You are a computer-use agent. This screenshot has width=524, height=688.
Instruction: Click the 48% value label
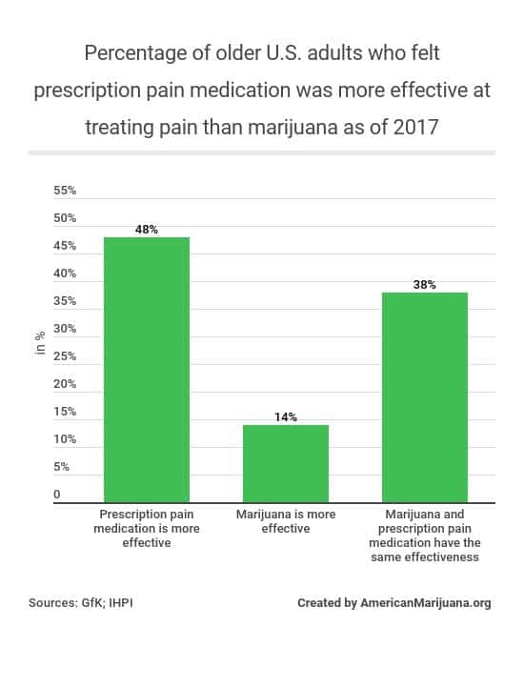(x=146, y=230)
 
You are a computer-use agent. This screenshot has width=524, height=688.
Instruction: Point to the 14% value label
(x=286, y=417)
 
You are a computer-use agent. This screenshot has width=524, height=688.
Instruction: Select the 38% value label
(x=425, y=285)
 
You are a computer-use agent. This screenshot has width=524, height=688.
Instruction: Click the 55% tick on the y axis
(x=65, y=191)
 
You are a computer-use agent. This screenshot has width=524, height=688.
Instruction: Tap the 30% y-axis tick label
(x=65, y=329)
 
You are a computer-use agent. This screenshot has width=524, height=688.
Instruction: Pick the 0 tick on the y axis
(x=57, y=495)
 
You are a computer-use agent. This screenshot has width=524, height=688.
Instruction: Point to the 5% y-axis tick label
(x=61, y=467)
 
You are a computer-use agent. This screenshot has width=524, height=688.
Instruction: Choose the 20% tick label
(x=65, y=384)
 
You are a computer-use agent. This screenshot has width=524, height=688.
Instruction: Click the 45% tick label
(x=65, y=246)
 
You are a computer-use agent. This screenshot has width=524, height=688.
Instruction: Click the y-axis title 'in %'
(x=40, y=341)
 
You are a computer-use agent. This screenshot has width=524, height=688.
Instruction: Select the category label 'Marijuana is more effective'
(x=286, y=521)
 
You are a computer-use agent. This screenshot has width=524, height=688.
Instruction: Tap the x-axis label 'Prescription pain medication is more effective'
(x=146, y=528)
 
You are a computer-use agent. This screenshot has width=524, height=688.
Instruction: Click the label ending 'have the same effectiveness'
(x=425, y=536)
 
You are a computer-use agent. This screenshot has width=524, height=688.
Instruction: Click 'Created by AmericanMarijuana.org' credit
(x=393, y=603)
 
